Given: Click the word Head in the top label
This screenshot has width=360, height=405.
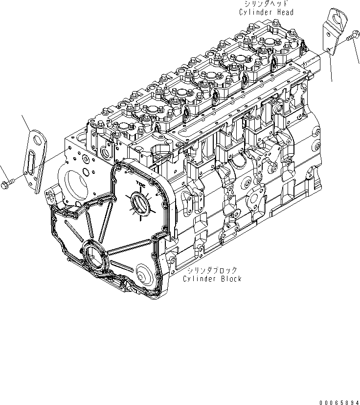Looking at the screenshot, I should pyautogui.click(x=284, y=12).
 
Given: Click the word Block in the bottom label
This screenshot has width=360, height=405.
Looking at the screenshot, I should pyautogui.click(x=230, y=279).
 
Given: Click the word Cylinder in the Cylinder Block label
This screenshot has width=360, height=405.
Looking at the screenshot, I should pyautogui.click(x=199, y=279).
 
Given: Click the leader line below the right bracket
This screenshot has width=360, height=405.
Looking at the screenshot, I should pyautogui.click(x=332, y=69).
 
